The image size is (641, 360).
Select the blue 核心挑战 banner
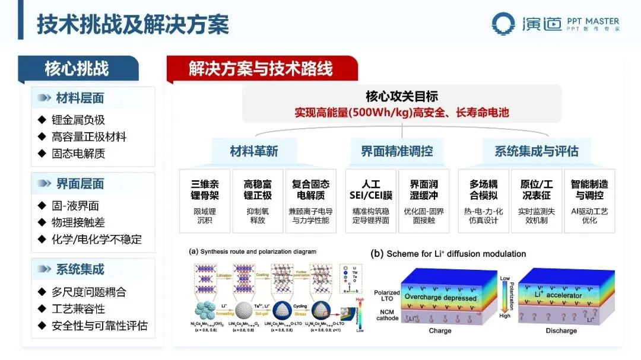click(77, 69)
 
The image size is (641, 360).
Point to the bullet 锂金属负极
click(78, 120)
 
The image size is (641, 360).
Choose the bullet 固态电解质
click(78, 154)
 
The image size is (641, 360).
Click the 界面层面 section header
click(80, 184)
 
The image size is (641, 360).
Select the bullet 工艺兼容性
click(78, 309)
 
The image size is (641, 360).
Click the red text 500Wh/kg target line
click(402, 112)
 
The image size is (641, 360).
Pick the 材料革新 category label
click(253, 151)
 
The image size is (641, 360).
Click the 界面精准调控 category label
click(397, 151)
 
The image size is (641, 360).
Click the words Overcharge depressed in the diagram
click(440, 298)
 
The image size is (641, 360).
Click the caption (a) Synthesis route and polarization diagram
click(252, 251)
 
